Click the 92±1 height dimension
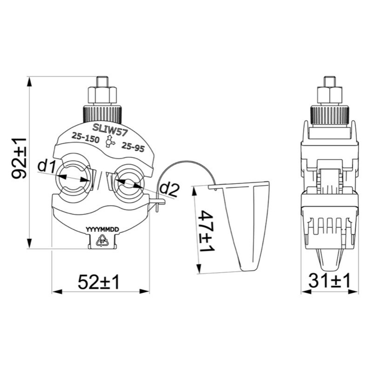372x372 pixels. [19, 158]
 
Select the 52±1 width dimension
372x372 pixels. [98, 282]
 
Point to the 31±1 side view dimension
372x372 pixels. [329, 280]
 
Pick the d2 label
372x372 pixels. [169, 190]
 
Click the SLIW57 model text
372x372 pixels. [110, 130]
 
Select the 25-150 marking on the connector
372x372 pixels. [86, 138]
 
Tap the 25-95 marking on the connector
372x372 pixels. [133, 147]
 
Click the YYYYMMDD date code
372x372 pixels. [102, 229]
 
